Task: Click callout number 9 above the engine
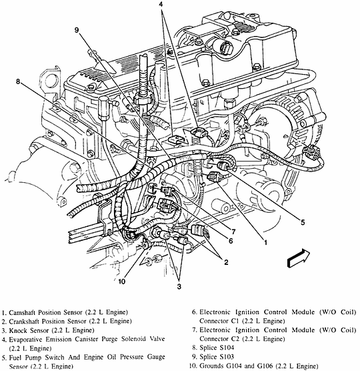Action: pos(77,30)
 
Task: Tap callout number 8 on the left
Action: pos(18,81)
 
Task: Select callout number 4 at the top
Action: pos(161,5)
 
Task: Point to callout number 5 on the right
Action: pos(303,222)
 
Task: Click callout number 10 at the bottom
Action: pos(121,282)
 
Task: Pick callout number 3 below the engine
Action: pos(179,286)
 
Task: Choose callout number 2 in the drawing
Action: pos(226,262)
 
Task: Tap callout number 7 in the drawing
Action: pos(233,231)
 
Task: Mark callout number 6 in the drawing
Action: pos(231,241)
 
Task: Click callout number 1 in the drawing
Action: pos(265,242)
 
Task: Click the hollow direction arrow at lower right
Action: pos(298,259)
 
